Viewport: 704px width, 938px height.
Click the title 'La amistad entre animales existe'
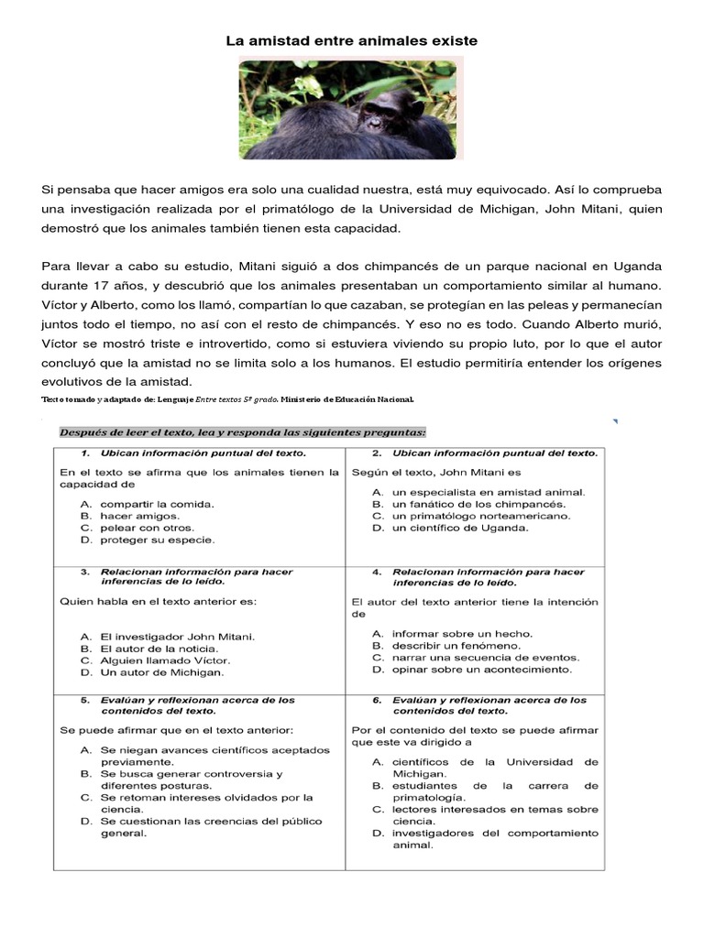(x=352, y=41)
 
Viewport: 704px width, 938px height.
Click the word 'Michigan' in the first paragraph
(x=541, y=209)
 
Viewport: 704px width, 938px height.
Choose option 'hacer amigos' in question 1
(x=134, y=516)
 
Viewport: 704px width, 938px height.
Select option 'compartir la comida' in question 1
(x=156, y=504)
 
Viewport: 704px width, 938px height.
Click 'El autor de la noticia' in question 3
(x=153, y=648)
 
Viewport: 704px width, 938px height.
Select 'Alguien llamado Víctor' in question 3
(x=164, y=660)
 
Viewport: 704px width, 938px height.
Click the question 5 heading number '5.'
(x=84, y=700)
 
